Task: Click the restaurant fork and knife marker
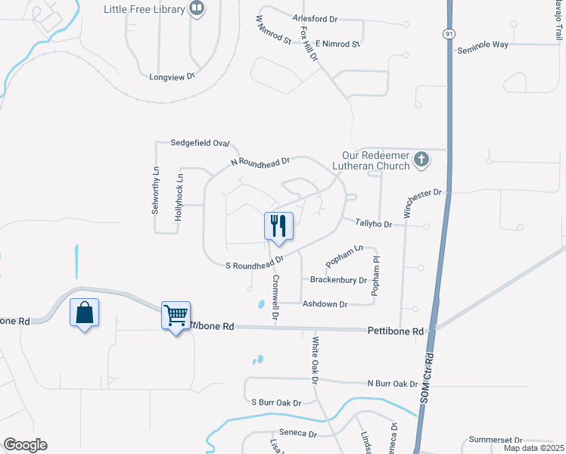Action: [278, 225]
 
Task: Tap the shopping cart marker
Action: [176, 314]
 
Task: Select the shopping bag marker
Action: [84, 312]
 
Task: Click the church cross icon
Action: [422, 160]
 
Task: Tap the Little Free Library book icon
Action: [197, 9]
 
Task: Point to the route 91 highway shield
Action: [449, 34]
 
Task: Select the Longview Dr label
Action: [173, 76]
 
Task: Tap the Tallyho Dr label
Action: [375, 224]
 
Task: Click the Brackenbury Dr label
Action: [338, 280]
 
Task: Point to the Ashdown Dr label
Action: [325, 304]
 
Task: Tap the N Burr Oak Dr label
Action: [393, 384]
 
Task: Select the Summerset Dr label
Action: [496, 440]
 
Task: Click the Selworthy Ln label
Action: [156, 188]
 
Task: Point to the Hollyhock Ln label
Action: [179, 197]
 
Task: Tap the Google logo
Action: [25, 445]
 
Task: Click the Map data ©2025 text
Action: [533, 448]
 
